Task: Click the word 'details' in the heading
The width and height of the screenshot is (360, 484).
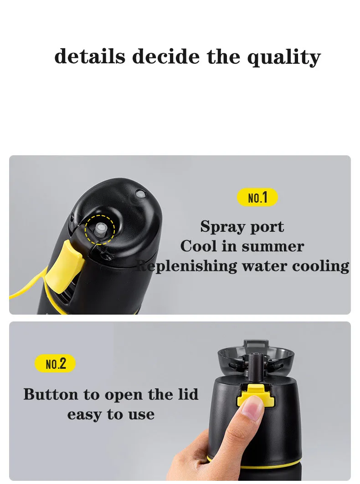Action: (90, 57)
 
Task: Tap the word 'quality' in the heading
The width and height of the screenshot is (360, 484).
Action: (284, 58)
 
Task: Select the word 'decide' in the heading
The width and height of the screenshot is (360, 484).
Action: (166, 57)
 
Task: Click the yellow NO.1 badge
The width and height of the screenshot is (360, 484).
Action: (257, 198)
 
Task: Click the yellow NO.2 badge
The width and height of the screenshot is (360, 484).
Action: (55, 363)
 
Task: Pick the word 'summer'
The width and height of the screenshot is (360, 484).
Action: (273, 246)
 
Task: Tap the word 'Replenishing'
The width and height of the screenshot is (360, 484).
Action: (187, 266)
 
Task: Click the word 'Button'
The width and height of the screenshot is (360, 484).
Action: (50, 394)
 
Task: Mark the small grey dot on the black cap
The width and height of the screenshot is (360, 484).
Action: (141, 194)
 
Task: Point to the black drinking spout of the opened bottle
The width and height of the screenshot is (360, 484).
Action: (254, 364)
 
